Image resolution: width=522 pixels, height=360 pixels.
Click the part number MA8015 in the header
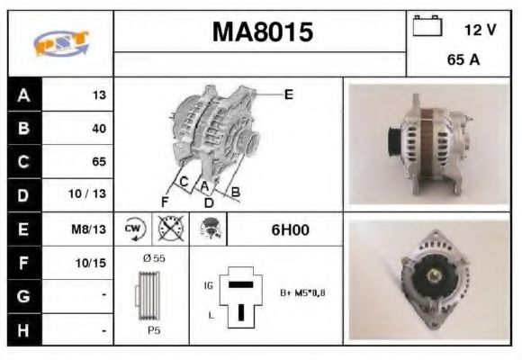[x=263, y=33]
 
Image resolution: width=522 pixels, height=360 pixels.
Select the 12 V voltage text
[x=480, y=31]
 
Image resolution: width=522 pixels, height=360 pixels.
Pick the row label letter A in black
[x=24, y=94]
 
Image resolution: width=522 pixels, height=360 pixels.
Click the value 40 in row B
[x=98, y=129]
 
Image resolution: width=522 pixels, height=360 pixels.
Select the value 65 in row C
[x=98, y=162]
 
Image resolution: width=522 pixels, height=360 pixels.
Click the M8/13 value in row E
[x=91, y=229]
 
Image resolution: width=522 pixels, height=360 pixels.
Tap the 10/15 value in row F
[x=91, y=264]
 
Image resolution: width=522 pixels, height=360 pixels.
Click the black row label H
[x=24, y=330]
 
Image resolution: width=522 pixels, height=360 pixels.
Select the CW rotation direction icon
[x=132, y=229]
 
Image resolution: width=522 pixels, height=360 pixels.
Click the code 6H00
[x=290, y=229]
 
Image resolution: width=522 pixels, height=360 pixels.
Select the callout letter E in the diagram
[x=288, y=94]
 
